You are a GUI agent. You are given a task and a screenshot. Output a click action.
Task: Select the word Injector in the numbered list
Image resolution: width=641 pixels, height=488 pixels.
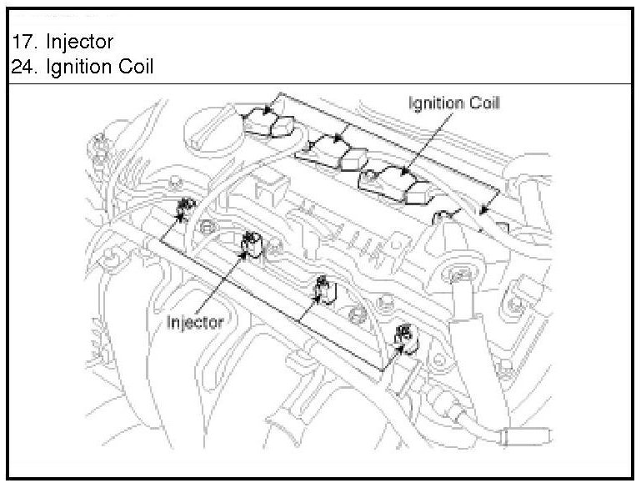point(79,40)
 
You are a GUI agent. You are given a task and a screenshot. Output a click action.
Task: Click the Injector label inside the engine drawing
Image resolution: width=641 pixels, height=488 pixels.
point(195,322)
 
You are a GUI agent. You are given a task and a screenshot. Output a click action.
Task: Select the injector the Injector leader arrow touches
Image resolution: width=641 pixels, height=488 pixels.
point(250,244)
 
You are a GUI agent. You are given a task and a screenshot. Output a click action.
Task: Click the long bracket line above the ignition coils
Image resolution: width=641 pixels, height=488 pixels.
point(392,138)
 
